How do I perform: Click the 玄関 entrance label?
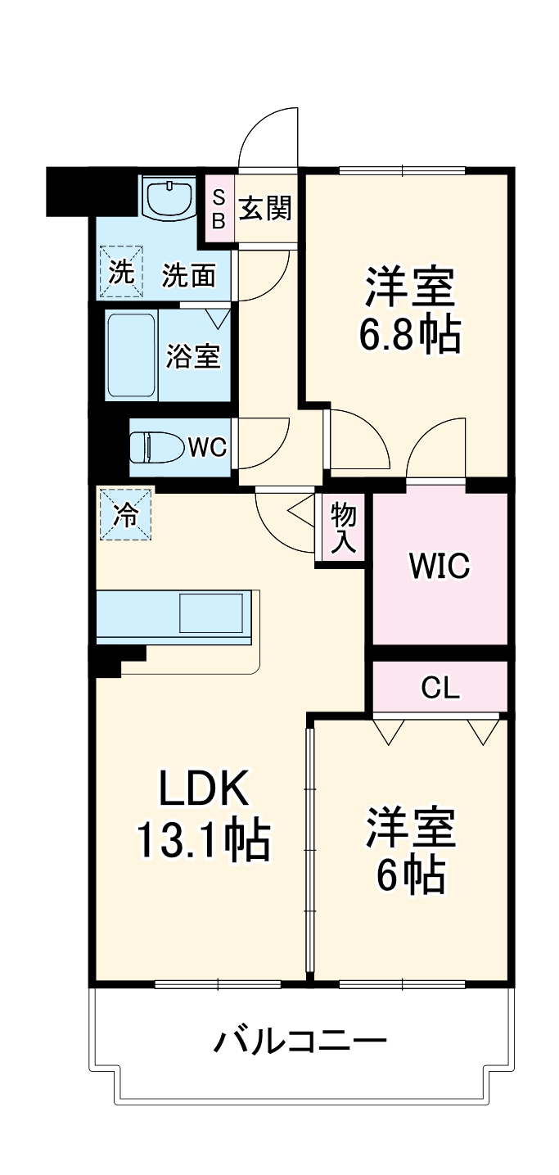tap(265, 208)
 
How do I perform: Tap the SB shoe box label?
tap(219, 209)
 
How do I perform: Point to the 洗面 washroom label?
tap(188, 276)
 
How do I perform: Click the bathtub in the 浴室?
tap(131, 355)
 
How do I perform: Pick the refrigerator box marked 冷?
tap(125, 514)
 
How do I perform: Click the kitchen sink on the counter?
tap(211, 612)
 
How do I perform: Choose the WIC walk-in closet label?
tap(440, 566)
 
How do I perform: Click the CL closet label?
tap(440, 689)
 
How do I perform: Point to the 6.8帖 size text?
tap(410, 333)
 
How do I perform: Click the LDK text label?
tap(202, 788)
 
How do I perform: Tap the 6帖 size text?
tap(410, 875)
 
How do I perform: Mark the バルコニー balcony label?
tap(300, 1042)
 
